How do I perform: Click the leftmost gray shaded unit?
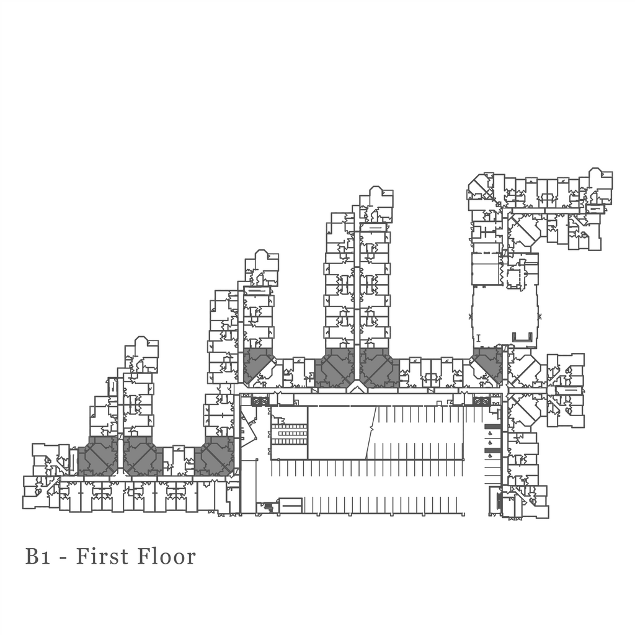97,456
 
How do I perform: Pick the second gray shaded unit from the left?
142,456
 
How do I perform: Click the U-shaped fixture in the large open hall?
522,337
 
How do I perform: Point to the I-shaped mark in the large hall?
479,338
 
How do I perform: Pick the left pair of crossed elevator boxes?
260,401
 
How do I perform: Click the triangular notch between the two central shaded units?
356,387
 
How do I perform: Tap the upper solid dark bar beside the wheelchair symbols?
492,426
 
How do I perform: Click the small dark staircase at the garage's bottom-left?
269,507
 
